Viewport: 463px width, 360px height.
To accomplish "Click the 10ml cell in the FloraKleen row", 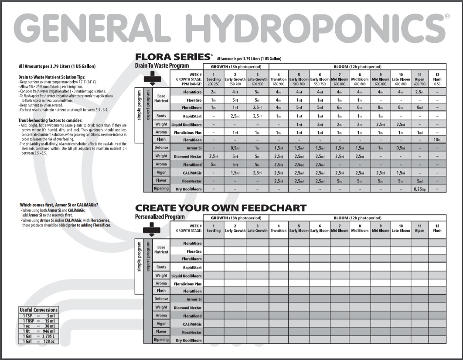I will coord(437,140).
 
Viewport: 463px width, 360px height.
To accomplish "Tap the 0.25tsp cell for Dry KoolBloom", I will coord(419,189).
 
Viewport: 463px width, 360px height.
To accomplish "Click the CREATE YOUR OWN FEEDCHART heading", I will coord(221,208).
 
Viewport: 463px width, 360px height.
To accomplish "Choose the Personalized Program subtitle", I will coord(160,217).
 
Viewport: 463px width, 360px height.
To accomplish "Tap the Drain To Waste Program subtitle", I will coord(162,66).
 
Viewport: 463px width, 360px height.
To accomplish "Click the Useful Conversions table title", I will coord(39,310).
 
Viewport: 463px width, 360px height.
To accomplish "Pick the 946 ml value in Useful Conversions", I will coord(49,331).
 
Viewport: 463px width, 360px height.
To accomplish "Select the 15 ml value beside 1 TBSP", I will coord(49,321).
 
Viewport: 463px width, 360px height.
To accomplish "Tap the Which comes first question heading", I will coord(59,205).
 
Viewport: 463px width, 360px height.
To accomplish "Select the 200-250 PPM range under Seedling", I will coord(214,84).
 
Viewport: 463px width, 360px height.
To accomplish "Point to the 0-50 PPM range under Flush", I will coord(437,84).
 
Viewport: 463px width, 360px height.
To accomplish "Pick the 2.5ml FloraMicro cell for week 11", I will coord(419,92).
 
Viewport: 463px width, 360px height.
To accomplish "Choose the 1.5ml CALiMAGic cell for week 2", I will coord(235,173).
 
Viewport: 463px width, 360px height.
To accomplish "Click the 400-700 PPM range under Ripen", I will coord(419,84).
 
